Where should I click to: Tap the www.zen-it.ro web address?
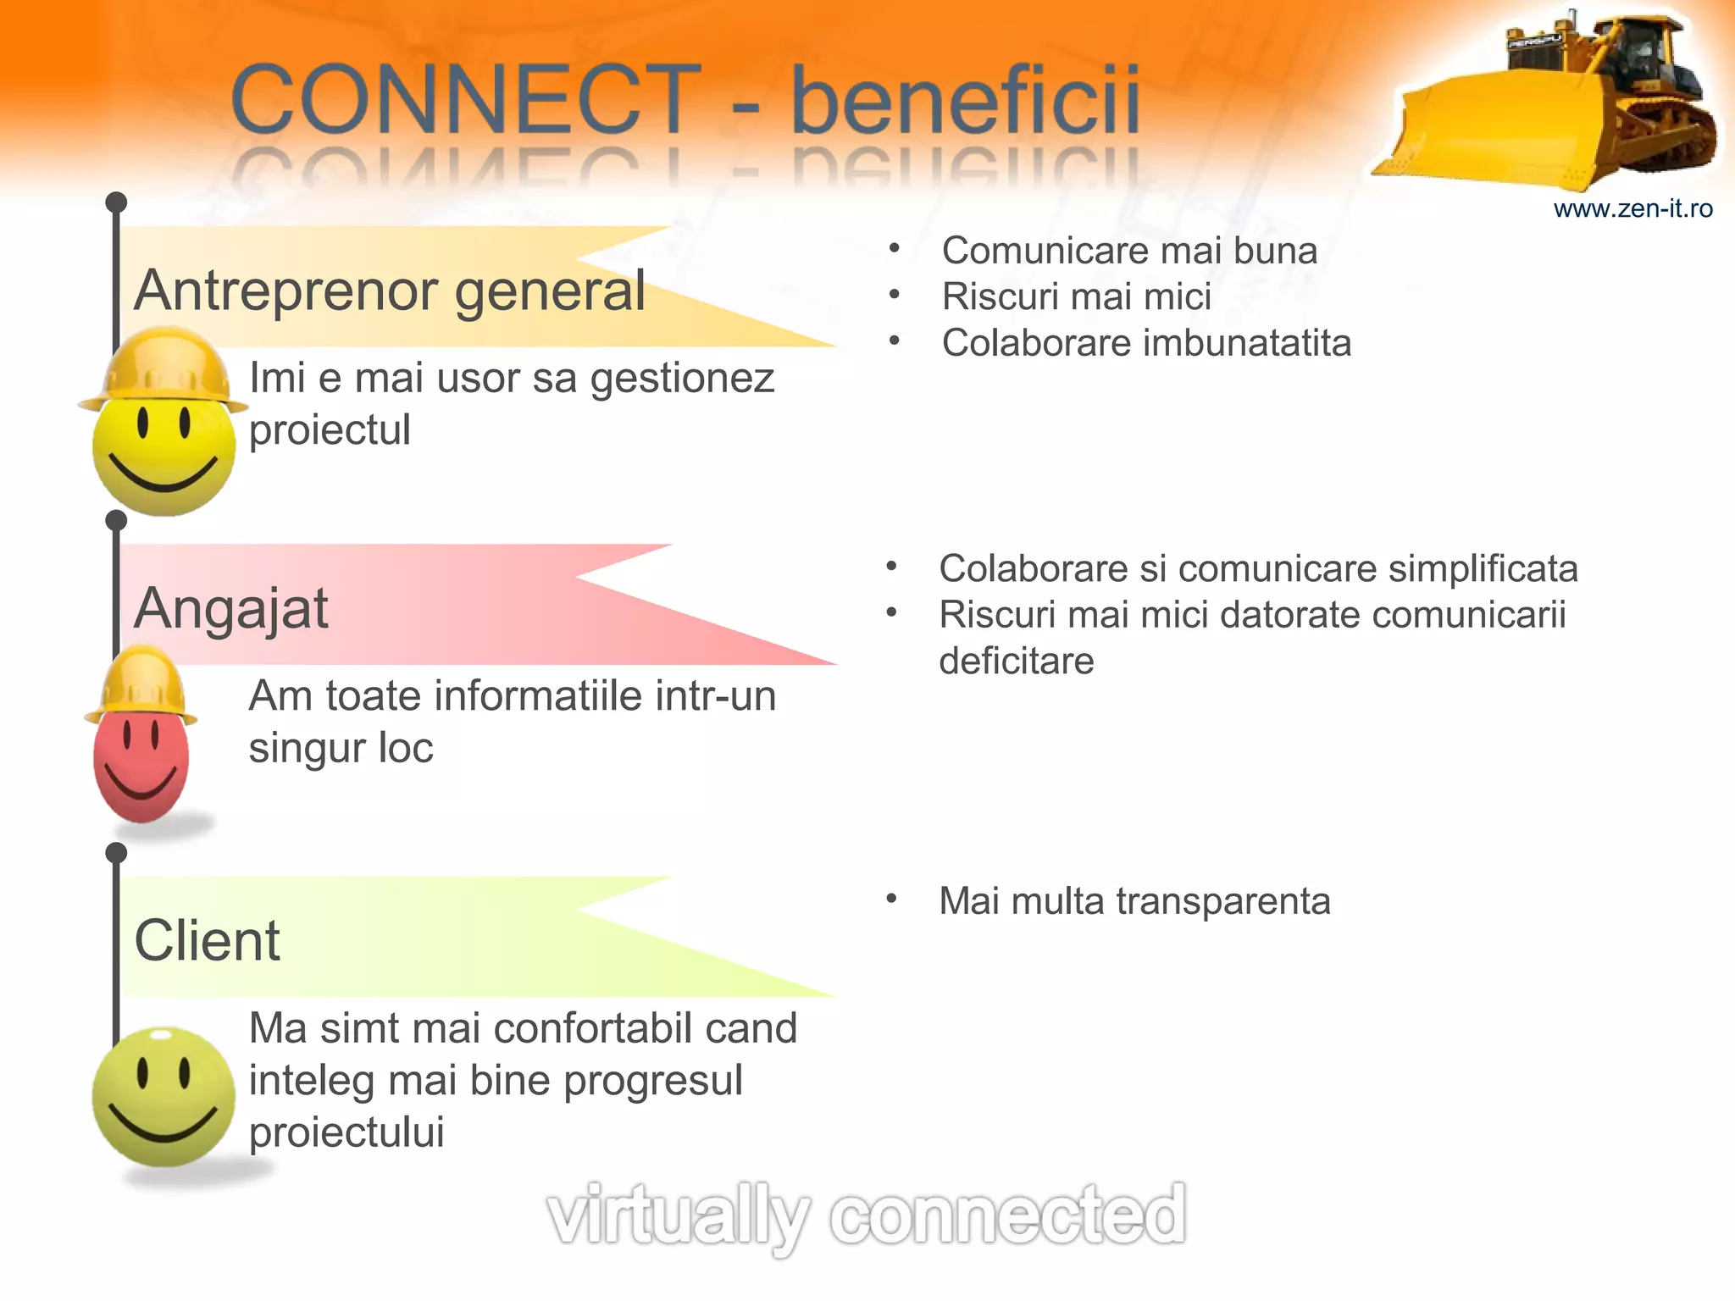pyautogui.click(x=1632, y=208)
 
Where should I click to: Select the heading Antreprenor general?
pyautogui.click(x=390, y=291)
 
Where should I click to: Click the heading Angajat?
pyautogui.click(x=230, y=608)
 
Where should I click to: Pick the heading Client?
pyautogui.click(x=207, y=940)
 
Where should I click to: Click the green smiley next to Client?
pyautogui.click(x=163, y=1097)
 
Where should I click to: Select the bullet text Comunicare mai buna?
pyautogui.click(x=1129, y=251)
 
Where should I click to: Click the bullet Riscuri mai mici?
pyautogui.click(x=1076, y=296)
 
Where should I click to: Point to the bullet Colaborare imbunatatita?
pyautogui.click(x=1146, y=343)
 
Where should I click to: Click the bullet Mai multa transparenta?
pyautogui.click(x=1134, y=900)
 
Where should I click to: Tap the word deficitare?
pyautogui.click(x=1016, y=661)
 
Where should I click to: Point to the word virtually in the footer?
pyautogui.click(x=678, y=1216)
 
